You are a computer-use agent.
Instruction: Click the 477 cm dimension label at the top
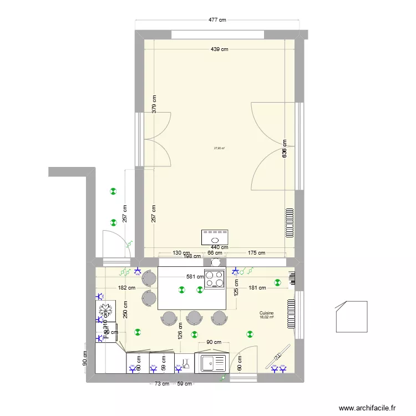(x=217, y=20)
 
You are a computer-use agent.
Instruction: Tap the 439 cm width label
(x=219, y=49)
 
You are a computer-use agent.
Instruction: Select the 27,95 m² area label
(x=219, y=148)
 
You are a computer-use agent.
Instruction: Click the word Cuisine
(x=266, y=313)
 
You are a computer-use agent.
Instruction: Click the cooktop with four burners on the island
(x=215, y=279)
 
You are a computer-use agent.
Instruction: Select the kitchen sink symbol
(x=214, y=364)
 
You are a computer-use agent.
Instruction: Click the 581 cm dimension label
(x=195, y=277)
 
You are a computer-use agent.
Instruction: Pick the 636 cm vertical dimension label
(x=285, y=150)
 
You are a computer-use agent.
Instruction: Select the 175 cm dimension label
(x=255, y=253)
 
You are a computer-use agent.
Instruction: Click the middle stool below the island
(x=194, y=317)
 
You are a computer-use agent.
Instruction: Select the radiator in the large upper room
(x=289, y=223)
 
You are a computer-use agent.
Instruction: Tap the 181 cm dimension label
(x=257, y=287)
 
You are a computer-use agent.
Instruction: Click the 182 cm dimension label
(x=126, y=287)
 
